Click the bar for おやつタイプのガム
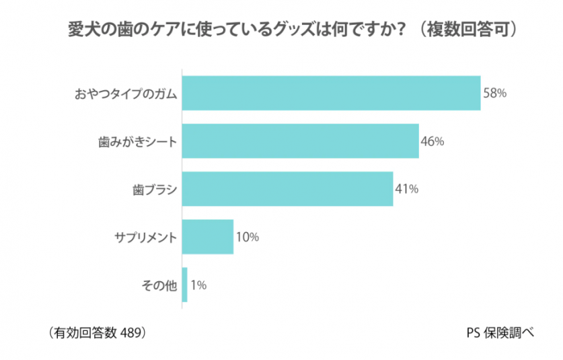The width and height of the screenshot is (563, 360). tap(331, 94)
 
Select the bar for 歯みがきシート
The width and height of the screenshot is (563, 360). tap(300, 141)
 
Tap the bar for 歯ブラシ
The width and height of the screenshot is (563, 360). tap(287, 189)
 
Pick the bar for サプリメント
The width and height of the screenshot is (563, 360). tap(208, 237)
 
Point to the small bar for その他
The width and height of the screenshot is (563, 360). tap(185, 285)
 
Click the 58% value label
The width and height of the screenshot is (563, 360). tap(494, 94)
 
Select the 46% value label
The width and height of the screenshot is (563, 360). tap(433, 141)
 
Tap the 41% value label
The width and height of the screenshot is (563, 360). tap(407, 189)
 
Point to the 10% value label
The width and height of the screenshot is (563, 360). tap(248, 237)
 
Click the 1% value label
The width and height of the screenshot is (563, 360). tap(198, 285)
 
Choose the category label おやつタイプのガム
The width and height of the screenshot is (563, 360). tap(125, 94)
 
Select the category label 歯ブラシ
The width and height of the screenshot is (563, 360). tap(154, 190)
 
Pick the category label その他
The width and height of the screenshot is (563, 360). tap(159, 285)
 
